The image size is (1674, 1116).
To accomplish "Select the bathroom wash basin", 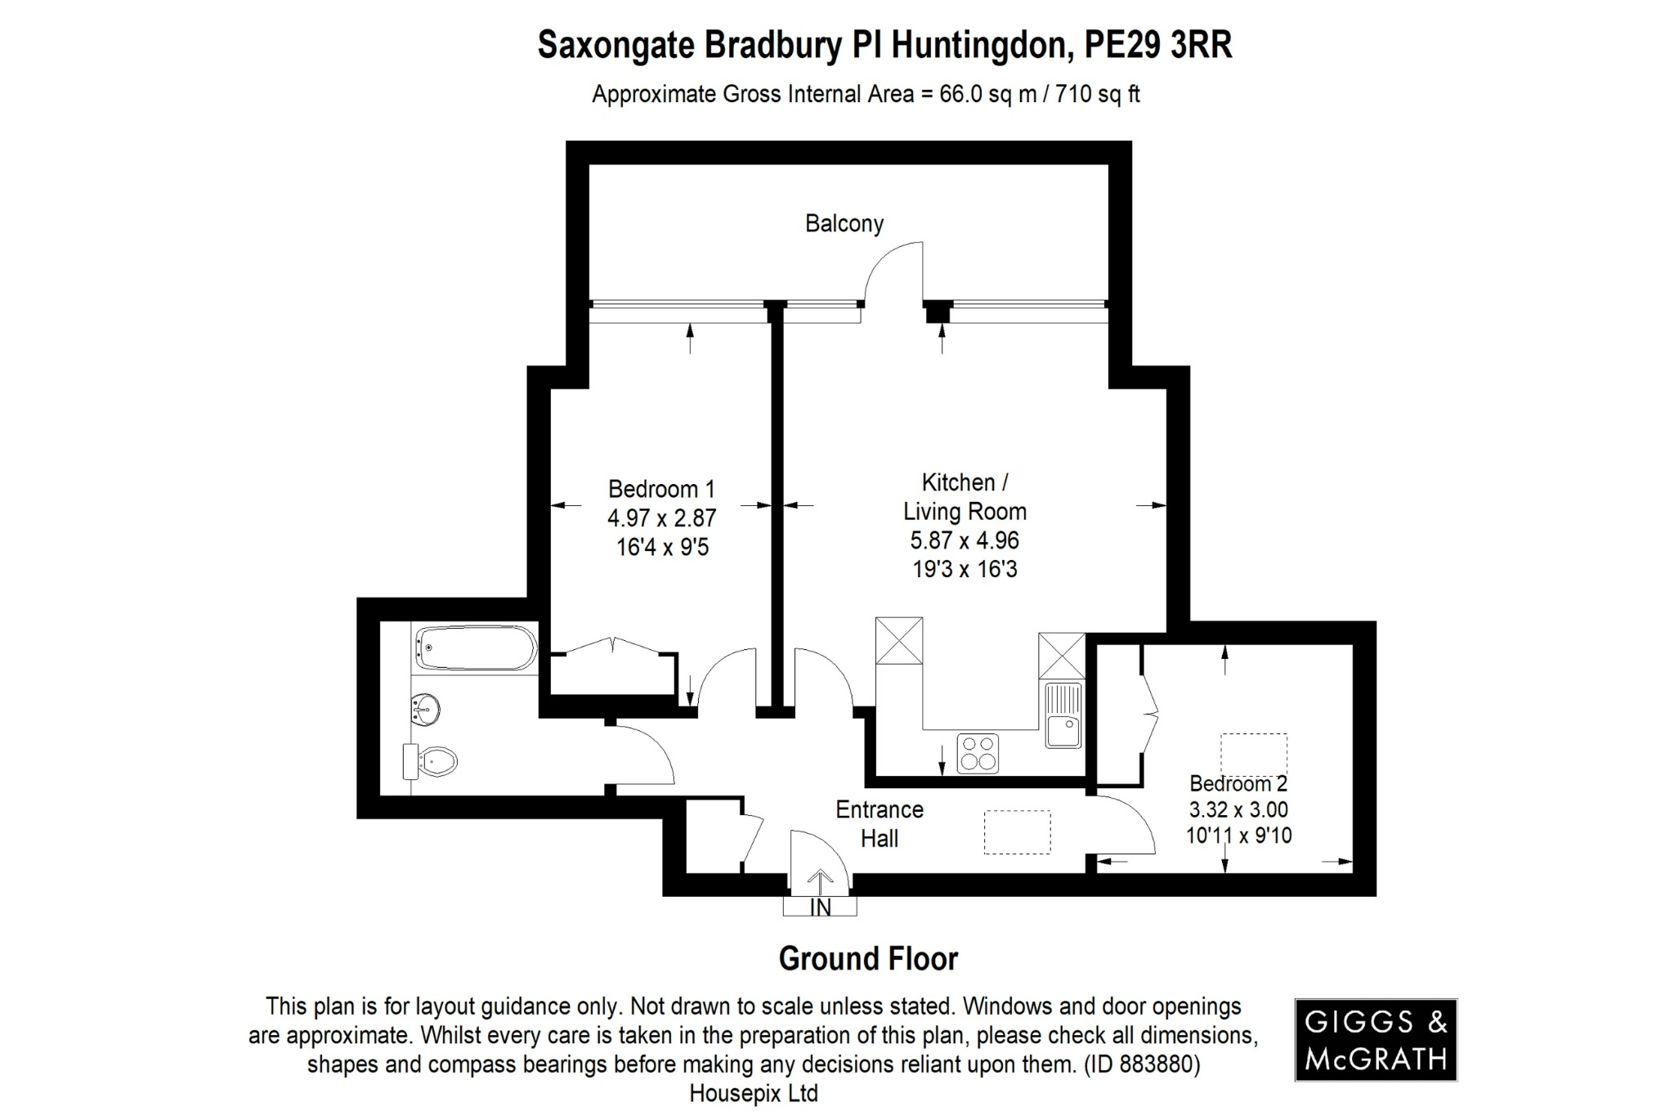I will tap(425, 708).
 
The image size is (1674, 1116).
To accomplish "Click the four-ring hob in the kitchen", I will tap(978, 753).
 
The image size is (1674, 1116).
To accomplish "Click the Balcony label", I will tap(844, 223).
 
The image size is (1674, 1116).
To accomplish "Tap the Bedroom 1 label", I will tap(661, 489).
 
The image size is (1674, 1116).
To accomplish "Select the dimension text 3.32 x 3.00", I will tap(1238, 809).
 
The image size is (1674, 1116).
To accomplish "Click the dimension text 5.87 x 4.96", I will tap(965, 540).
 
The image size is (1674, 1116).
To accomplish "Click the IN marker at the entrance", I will tap(820, 907).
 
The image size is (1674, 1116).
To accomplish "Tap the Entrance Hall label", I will tap(880, 823).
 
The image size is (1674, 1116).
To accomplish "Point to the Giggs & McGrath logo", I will tap(1376, 1040).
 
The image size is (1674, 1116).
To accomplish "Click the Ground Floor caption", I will tap(868, 958).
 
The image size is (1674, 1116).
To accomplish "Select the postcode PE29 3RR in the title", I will tap(1157, 46).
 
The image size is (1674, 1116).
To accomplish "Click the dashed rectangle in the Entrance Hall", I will tap(1017, 832).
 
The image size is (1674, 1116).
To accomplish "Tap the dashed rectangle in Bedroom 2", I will tap(1254, 755).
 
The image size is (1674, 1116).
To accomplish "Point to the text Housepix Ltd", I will tap(754, 1093).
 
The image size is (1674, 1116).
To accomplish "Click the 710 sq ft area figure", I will tap(1098, 95).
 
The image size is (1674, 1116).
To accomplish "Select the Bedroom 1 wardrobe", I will tap(613, 672).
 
